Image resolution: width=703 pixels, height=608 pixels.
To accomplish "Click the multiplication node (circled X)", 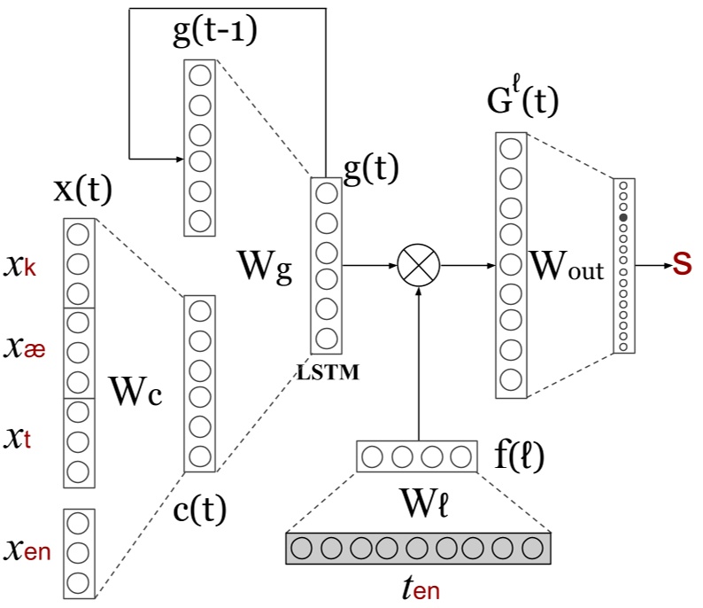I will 418,265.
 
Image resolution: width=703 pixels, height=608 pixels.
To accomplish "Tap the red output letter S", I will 682,263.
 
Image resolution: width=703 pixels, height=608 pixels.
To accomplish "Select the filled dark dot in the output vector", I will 623,217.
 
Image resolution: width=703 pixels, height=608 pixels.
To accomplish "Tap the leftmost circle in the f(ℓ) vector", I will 374,457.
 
